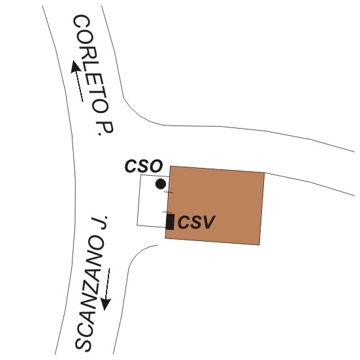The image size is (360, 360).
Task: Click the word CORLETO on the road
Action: pyautogui.click(x=91, y=63)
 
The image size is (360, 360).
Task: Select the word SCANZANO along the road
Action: pyautogui.click(x=89, y=296)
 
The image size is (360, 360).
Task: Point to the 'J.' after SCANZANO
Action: pyautogui.click(x=99, y=223)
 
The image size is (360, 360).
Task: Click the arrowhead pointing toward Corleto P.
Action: pyautogui.click(x=75, y=67)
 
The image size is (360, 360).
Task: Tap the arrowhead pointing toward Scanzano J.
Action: pyautogui.click(x=106, y=304)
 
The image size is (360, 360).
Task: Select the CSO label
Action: pyautogui.click(x=144, y=166)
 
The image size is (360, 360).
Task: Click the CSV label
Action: pyautogui.click(x=196, y=222)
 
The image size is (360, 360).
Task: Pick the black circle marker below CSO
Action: pyautogui.click(x=161, y=184)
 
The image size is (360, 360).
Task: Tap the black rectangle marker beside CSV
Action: pyautogui.click(x=170, y=221)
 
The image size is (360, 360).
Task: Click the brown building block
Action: pyautogui.click(x=215, y=206)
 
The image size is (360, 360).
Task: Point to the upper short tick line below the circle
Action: pyautogui.click(x=169, y=192)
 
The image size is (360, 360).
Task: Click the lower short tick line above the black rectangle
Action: pyautogui.click(x=167, y=212)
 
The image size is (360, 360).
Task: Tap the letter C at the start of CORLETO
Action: pyautogui.click(x=81, y=22)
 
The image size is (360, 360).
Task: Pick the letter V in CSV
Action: pyautogui.click(x=208, y=222)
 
